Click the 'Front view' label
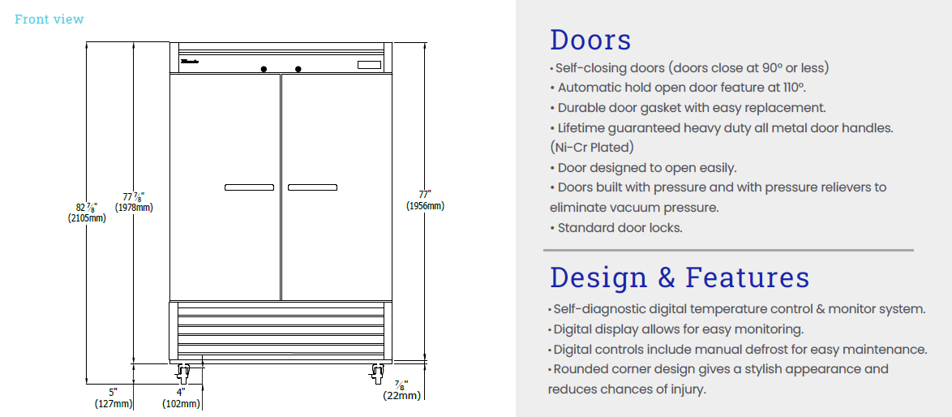pos(49,19)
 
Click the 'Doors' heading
pos(590,40)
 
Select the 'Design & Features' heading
pos(680,277)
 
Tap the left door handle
pos(249,187)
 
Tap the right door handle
pos(312,187)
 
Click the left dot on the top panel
pos(264,68)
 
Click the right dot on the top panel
pos(298,68)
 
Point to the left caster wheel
pos(183,374)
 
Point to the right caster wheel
pos(377,374)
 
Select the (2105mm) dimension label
pos(87,217)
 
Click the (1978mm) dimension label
pos(134,208)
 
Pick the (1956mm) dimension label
pos(425,206)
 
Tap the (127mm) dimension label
pos(114,403)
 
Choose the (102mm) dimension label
pos(181,403)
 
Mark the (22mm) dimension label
pos(402,396)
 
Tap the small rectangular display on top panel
pos(370,65)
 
